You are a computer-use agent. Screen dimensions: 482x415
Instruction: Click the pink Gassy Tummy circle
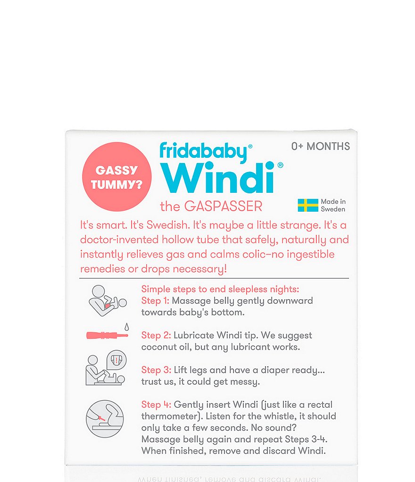(x=117, y=177)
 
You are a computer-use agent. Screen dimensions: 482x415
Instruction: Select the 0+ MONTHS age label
(x=320, y=146)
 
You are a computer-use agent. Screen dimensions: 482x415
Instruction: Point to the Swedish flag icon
(x=307, y=205)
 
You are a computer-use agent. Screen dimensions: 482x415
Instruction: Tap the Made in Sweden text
(x=333, y=206)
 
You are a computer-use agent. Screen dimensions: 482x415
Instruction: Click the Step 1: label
(x=155, y=301)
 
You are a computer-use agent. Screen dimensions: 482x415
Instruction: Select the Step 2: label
(x=156, y=335)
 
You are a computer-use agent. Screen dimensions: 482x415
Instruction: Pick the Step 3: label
(x=156, y=370)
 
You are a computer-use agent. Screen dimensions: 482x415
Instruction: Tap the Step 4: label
(x=156, y=405)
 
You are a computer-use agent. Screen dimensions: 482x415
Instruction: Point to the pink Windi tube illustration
(x=107, y=336)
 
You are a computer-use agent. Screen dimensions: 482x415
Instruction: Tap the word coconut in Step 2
(x=158, y=346)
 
